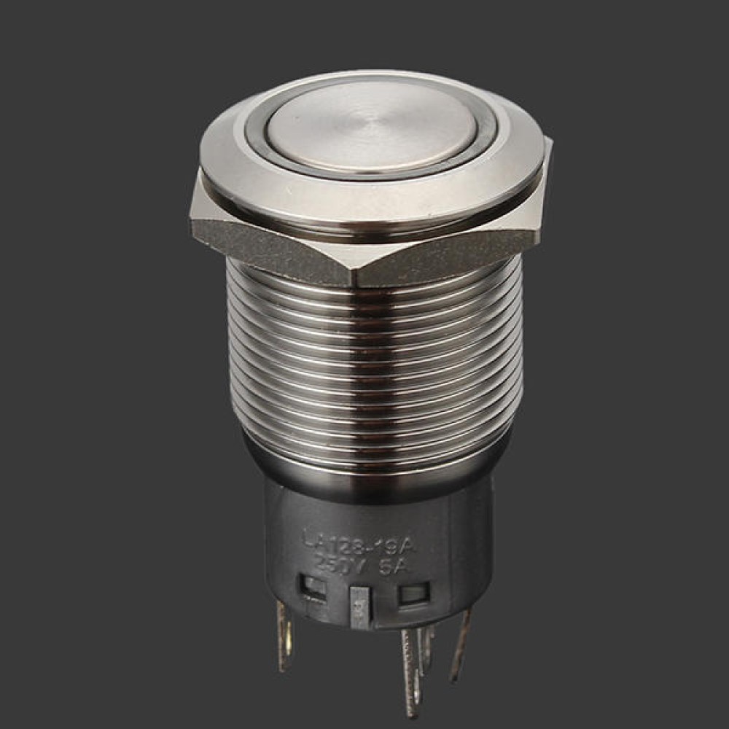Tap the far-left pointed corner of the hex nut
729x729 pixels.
193,219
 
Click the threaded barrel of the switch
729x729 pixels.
372,364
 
